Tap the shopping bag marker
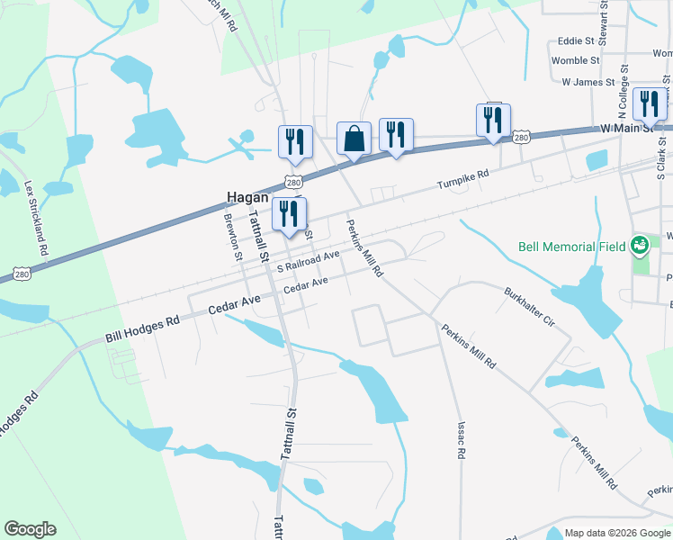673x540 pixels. click(x=354, y=139)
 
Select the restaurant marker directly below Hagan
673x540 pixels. click(x=289, y=214)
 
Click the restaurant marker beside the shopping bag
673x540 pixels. click(x=396, y=135)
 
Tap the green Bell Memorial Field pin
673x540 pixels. click(x=640, y=244)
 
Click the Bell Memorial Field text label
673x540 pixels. click(x=571, y=247)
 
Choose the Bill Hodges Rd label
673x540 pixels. click(x=142, y=328)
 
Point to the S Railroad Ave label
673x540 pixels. click(x=309, y=261)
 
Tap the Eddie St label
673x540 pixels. click(x=576, y=40)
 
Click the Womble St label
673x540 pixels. click(x=575, y=60)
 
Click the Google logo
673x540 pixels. click(x=31, y=529)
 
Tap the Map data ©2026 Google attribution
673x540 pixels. click(x=616, y=533)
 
